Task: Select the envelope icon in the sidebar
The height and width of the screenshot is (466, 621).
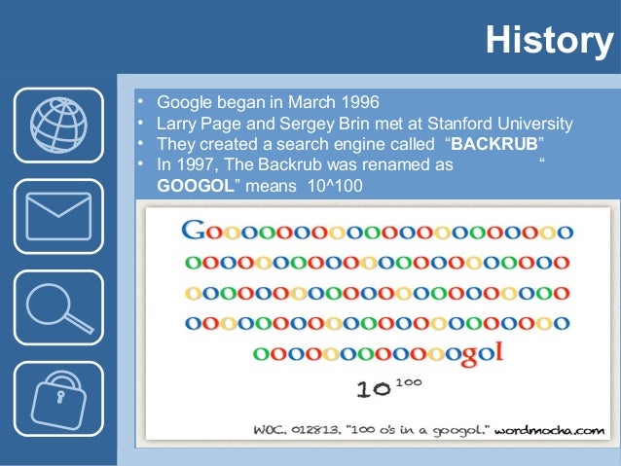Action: pyautogui.click(x=57, y=217)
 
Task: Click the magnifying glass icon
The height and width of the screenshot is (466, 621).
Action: pyautogui.click(x=57, y=307)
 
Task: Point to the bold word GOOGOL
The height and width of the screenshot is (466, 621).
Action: pyautogui.click(x=195, y=183)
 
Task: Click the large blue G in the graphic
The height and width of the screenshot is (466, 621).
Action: pyautogui.click(x=194, y=233)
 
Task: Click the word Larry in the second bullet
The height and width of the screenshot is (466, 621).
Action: pyautogui.click(x=176, y=124)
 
